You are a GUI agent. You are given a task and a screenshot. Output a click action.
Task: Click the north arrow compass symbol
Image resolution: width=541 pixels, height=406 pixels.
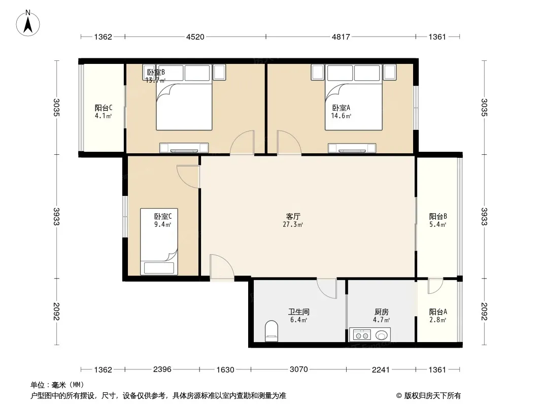28,23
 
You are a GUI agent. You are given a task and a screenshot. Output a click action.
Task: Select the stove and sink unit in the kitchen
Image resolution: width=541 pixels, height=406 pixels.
370,334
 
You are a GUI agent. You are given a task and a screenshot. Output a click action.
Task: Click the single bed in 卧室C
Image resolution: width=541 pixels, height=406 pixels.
159,242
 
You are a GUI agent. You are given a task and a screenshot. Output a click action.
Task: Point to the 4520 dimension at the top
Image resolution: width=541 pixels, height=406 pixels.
195,37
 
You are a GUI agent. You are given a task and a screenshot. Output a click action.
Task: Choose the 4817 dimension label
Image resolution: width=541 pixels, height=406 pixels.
341,37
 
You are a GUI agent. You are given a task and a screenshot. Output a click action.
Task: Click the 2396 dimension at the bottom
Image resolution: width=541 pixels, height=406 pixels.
162,369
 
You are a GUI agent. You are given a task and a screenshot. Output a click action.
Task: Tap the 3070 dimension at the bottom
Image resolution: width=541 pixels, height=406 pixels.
299,369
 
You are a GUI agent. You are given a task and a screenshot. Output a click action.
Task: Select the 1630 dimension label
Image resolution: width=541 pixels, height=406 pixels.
225,370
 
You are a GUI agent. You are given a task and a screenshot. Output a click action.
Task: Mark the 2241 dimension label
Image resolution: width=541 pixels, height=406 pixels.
381,370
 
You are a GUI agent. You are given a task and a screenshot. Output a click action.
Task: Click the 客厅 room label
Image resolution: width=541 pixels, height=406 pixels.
293,216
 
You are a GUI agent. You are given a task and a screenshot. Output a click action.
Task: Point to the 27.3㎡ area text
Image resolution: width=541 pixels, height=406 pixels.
293,224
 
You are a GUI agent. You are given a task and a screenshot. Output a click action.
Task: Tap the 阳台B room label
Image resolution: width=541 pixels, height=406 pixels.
438,216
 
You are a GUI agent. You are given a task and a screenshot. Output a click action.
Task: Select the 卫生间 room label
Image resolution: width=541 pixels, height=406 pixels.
299,312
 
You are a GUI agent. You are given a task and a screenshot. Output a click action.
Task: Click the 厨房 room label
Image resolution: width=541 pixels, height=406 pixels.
382,312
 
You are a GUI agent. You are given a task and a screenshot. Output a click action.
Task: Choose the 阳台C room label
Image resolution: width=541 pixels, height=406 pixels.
104,108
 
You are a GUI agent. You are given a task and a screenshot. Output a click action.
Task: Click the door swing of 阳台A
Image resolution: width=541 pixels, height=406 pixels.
435,286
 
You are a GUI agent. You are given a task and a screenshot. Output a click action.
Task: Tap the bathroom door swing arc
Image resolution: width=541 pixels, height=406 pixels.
326,288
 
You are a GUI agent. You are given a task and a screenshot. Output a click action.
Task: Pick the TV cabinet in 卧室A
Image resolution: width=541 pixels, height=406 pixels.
352,148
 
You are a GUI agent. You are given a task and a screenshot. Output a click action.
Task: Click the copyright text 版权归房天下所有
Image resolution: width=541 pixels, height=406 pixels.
432,396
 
